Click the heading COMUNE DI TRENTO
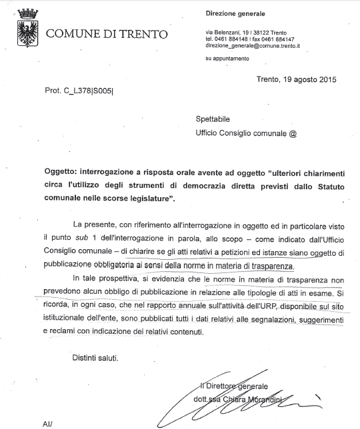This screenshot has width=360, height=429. pos(106,33)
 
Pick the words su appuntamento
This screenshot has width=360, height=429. pos(227,59)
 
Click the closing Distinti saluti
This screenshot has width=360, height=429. pos(95,358)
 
